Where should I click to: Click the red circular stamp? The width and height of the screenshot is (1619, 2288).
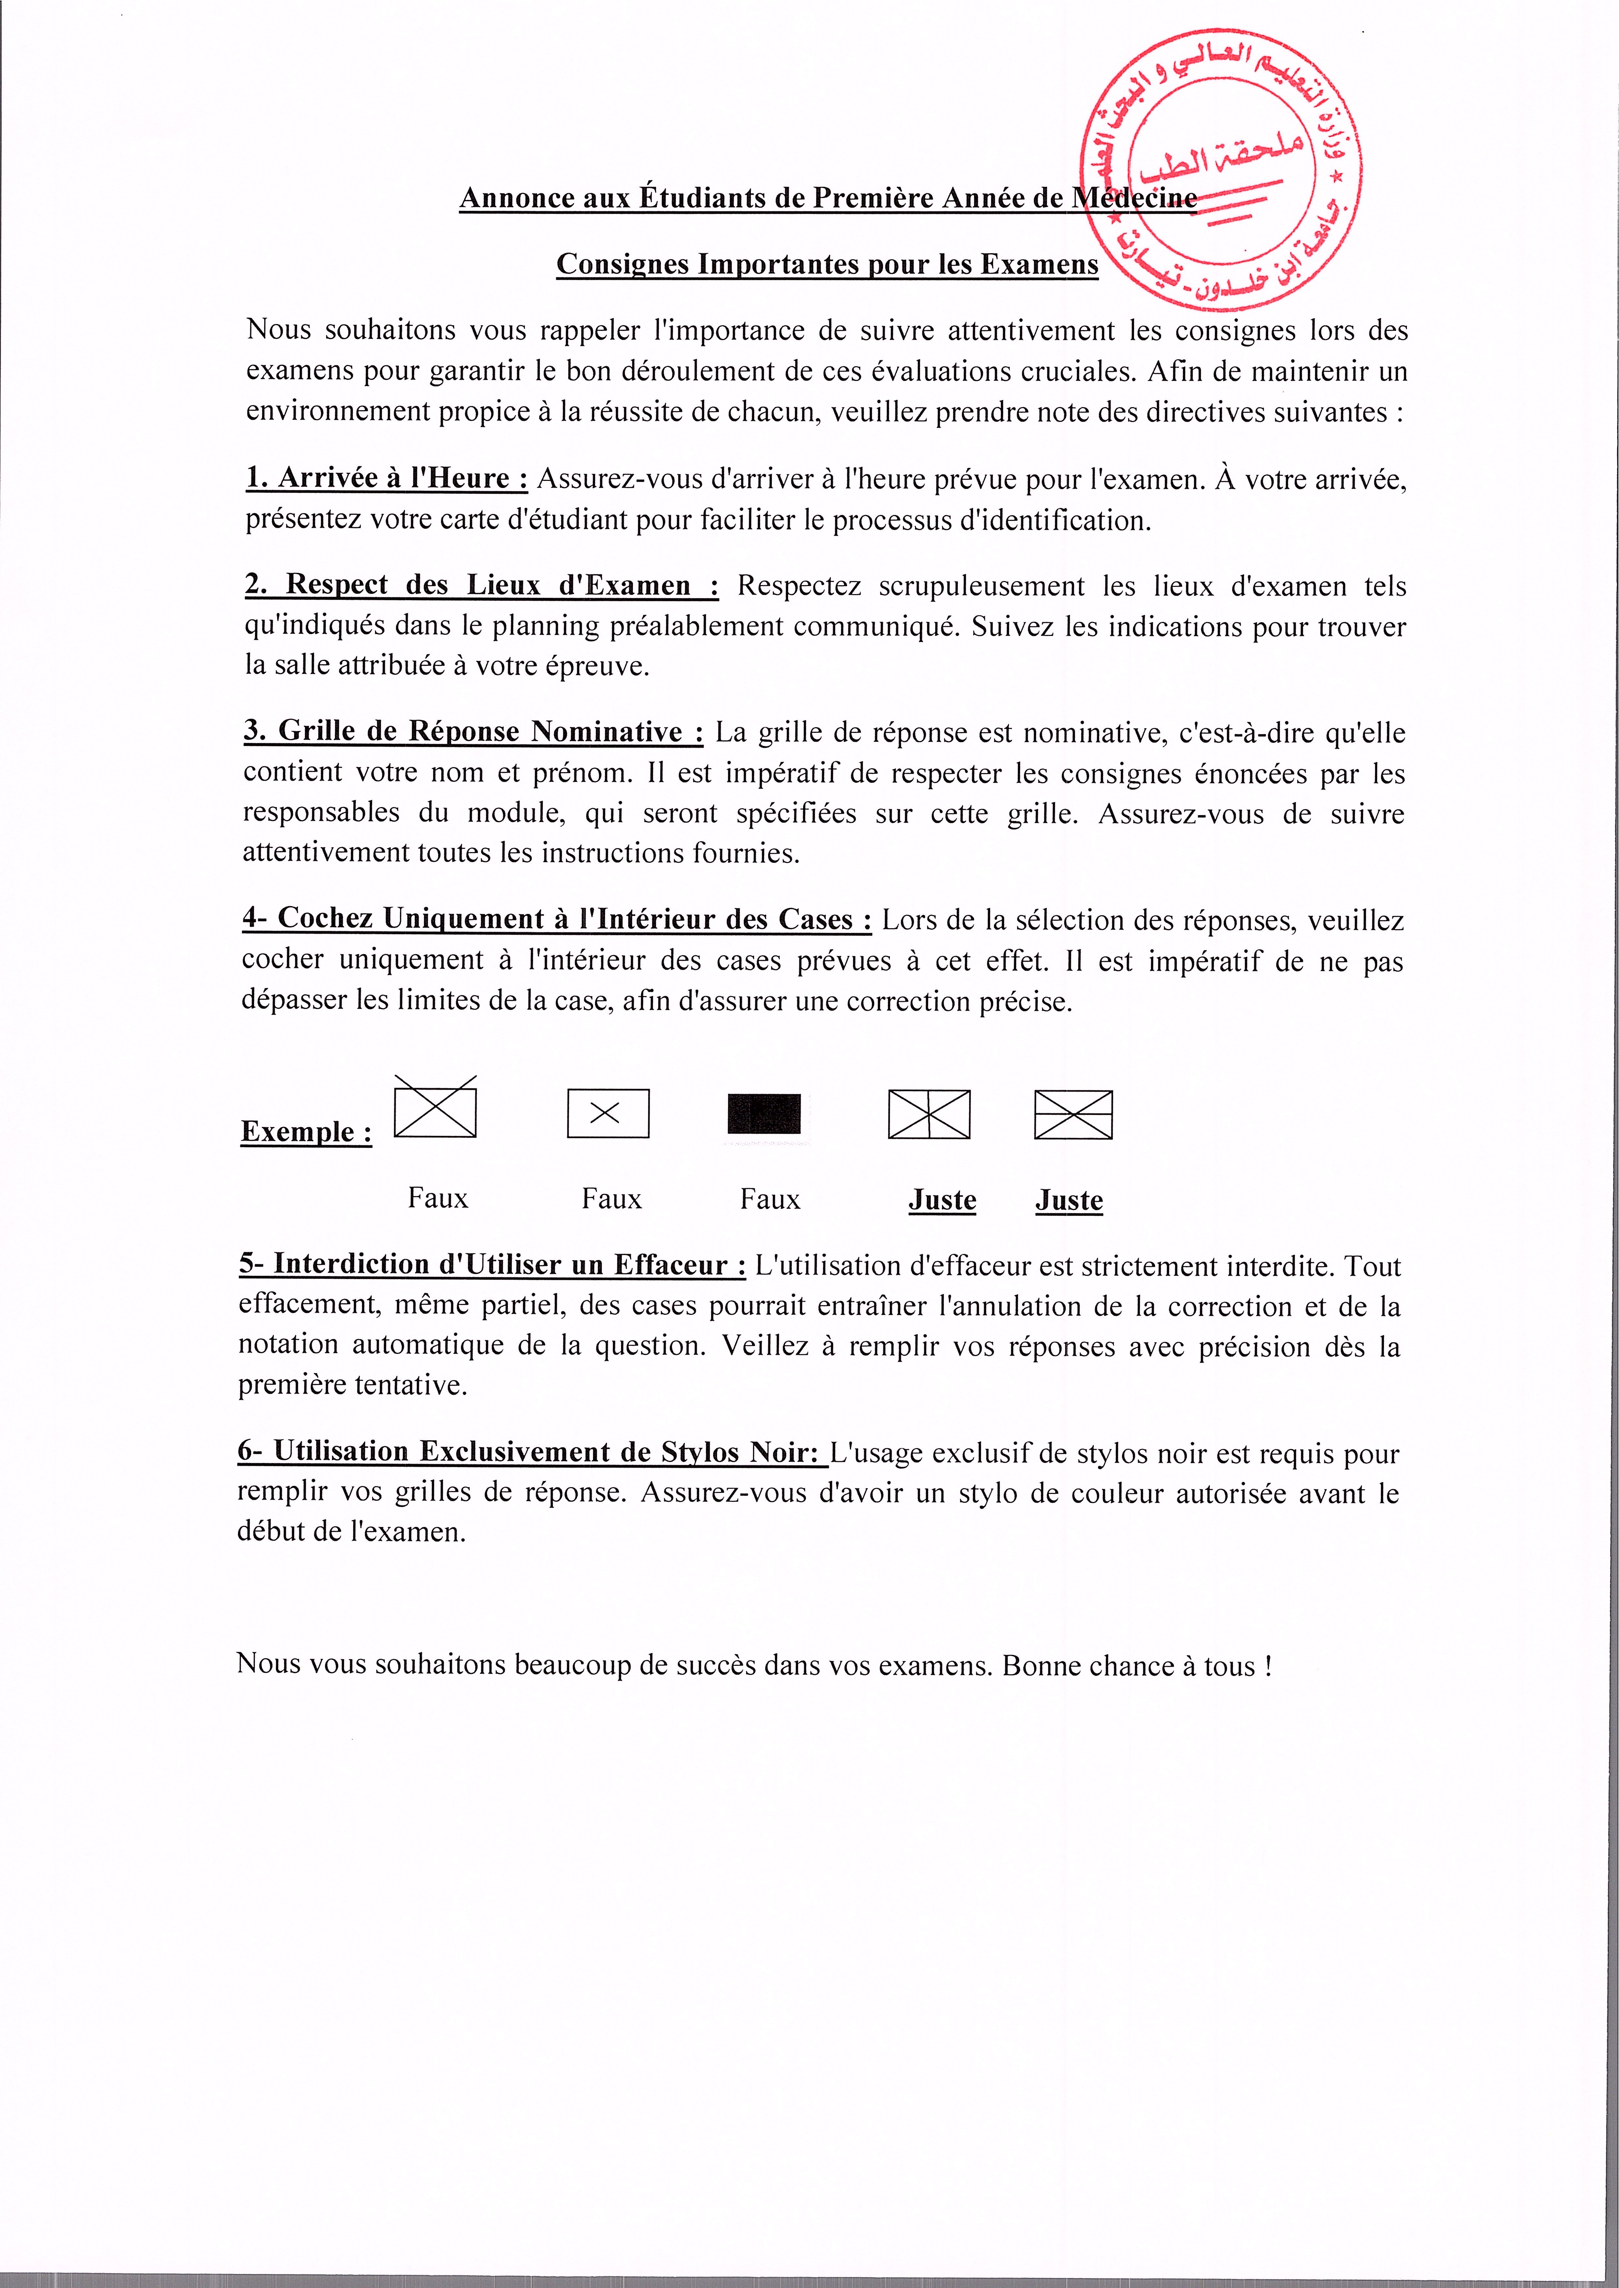pyautogui.click(x=1221, y=169)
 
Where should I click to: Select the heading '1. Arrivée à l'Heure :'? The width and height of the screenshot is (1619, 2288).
pyautogui.click(x=387, y=479)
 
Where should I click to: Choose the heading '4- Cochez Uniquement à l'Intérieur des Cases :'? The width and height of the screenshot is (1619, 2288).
pyautogui.click(x=556, y=918)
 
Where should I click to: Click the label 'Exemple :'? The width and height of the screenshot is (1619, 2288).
pyautogui.click(x=306, y=1131)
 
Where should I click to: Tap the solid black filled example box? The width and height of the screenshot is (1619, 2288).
pyautogui.click(x=763, y=1113)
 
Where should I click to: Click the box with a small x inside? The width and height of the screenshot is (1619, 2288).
pyautogui.click(x=608, y=1113)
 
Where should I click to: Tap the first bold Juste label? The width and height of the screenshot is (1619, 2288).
pyautogui.click(x=942, y=1200)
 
